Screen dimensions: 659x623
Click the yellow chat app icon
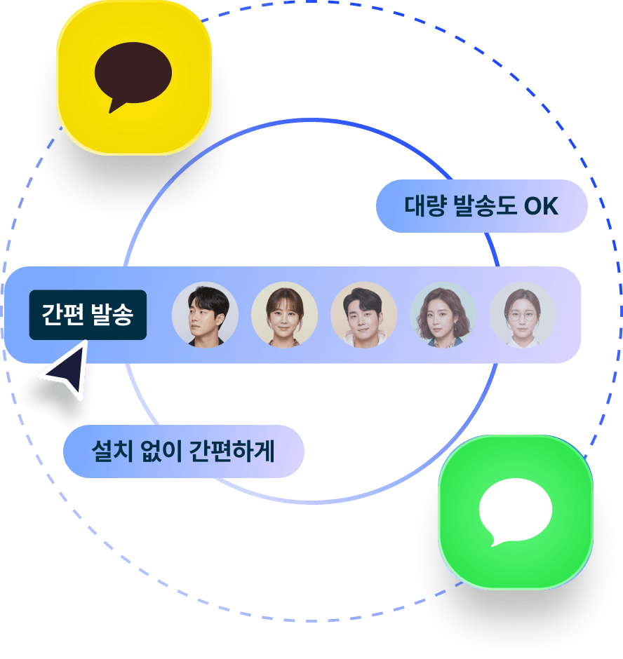point(133,77)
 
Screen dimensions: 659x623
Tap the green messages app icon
point(516,512)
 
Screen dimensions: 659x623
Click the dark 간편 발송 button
point(88,315)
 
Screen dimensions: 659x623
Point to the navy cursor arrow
point(67,370)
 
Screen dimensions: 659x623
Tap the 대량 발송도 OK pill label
point(481,206)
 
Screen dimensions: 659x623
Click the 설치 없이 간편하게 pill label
point(183,451)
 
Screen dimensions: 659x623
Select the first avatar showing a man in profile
point(205,315)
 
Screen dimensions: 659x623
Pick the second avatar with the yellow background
point(284,315)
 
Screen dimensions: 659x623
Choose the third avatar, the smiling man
point(363,315)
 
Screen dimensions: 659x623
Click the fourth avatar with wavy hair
point(443,315)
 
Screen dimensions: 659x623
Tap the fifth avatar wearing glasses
point(523,315)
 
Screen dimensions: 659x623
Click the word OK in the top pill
point(541,206)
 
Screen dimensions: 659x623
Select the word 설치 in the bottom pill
point(110,451)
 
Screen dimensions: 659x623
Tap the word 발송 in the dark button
point(112,315)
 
